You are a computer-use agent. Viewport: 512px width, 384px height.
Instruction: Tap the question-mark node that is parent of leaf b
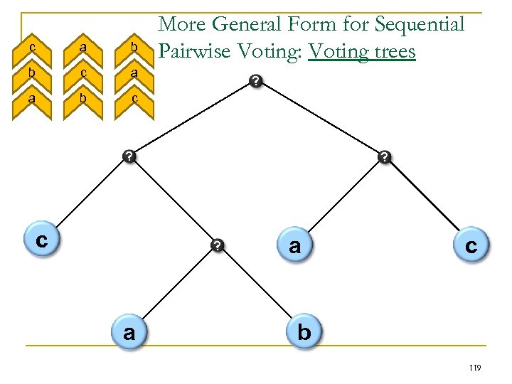[x=218, y=246]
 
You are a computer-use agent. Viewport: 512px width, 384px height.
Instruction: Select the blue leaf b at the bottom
[x=304, y=331]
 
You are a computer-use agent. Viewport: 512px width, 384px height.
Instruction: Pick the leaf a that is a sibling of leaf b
[x=129, y=332]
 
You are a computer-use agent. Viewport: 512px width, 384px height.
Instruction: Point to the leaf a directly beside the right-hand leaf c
[x=294, y=246]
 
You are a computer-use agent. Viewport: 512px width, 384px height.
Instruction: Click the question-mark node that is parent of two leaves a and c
[x=384, y=156]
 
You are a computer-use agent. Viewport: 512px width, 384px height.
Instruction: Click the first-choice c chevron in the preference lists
[x=32, y=47]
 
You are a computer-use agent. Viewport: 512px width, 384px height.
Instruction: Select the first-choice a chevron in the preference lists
[x=83, y=47]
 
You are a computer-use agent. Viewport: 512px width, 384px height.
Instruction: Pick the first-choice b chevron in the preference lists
[x=134, y=47]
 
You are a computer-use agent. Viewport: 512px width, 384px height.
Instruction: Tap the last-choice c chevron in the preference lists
[x=134, y=100]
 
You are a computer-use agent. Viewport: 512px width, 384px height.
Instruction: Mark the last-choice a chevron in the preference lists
[x=32, y=100]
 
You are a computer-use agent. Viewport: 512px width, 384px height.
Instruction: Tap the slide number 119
[x=475, y=367]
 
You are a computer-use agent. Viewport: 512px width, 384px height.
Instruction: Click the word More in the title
[x=181, y=25]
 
